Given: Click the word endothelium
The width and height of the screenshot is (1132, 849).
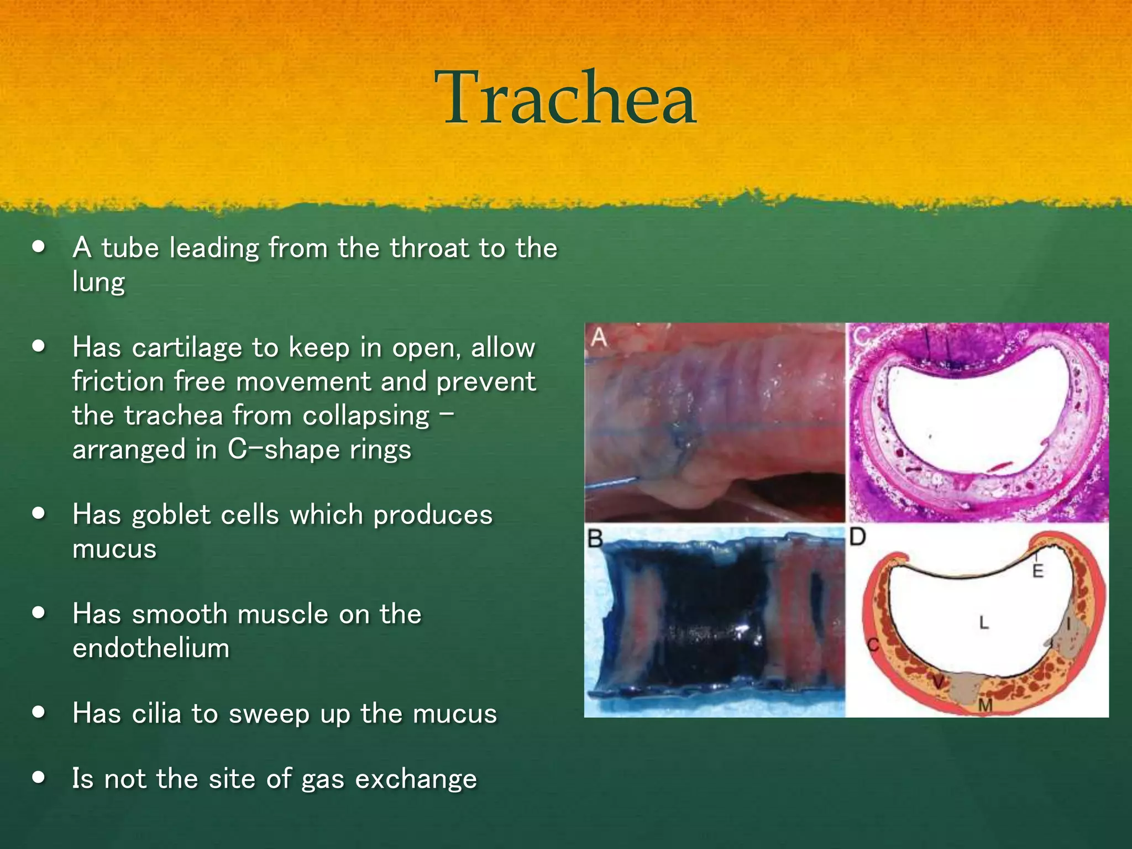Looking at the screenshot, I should click(151, 648).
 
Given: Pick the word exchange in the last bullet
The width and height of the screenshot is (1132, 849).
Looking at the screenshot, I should click(416, 779).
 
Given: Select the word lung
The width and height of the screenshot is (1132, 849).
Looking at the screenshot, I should click(98, 282).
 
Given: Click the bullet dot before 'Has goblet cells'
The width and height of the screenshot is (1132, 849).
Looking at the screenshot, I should click(38, 513).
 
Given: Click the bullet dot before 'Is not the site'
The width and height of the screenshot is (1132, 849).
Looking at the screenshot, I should click(38, 778).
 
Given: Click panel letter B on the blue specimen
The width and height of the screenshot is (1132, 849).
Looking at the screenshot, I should click(595, 538).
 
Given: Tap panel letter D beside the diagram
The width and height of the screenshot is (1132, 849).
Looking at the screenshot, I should click(857, 537).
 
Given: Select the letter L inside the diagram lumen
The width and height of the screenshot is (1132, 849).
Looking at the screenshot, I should click(984, 623).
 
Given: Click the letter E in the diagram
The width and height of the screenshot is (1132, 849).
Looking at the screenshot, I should click(1038, 570).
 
